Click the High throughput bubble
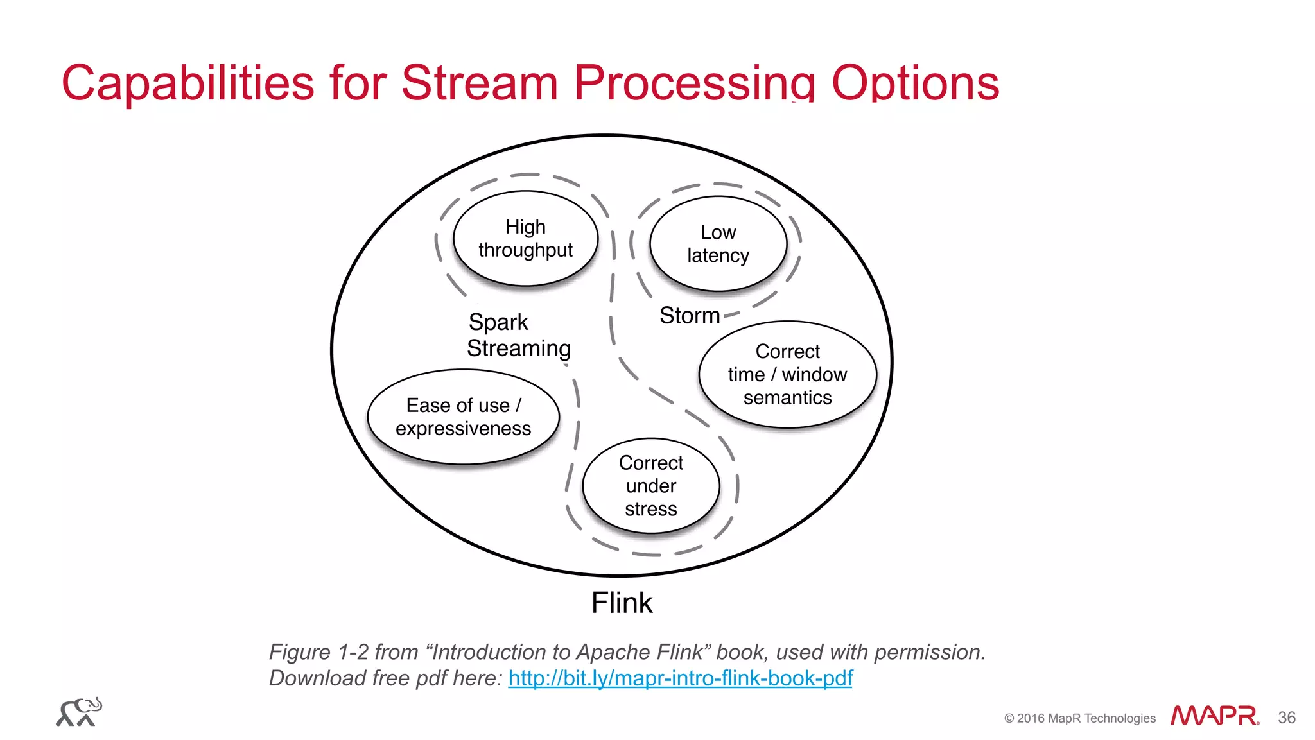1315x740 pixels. point(525,238)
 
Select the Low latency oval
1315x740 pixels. point(718,243)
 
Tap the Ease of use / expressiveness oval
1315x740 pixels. point(463,417)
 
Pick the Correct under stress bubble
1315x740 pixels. point(650,485)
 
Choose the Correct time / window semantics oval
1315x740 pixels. point(787,374)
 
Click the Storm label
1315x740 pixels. point(690,315)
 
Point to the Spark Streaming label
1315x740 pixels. point(518,335)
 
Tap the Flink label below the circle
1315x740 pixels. point(622,603)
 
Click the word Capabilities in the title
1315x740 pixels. point(187,83)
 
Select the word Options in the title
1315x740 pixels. point(915,83)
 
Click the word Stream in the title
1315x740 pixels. point(479,83)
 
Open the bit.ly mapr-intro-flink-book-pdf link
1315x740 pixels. point(680,678)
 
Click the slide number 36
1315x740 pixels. point(1286,718)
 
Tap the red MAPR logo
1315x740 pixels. point(1214,715)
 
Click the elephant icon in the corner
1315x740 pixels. point(79,712)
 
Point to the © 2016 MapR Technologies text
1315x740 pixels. point(1079,718)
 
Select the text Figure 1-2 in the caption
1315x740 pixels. point(318,652)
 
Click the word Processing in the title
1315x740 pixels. point(694,83)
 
